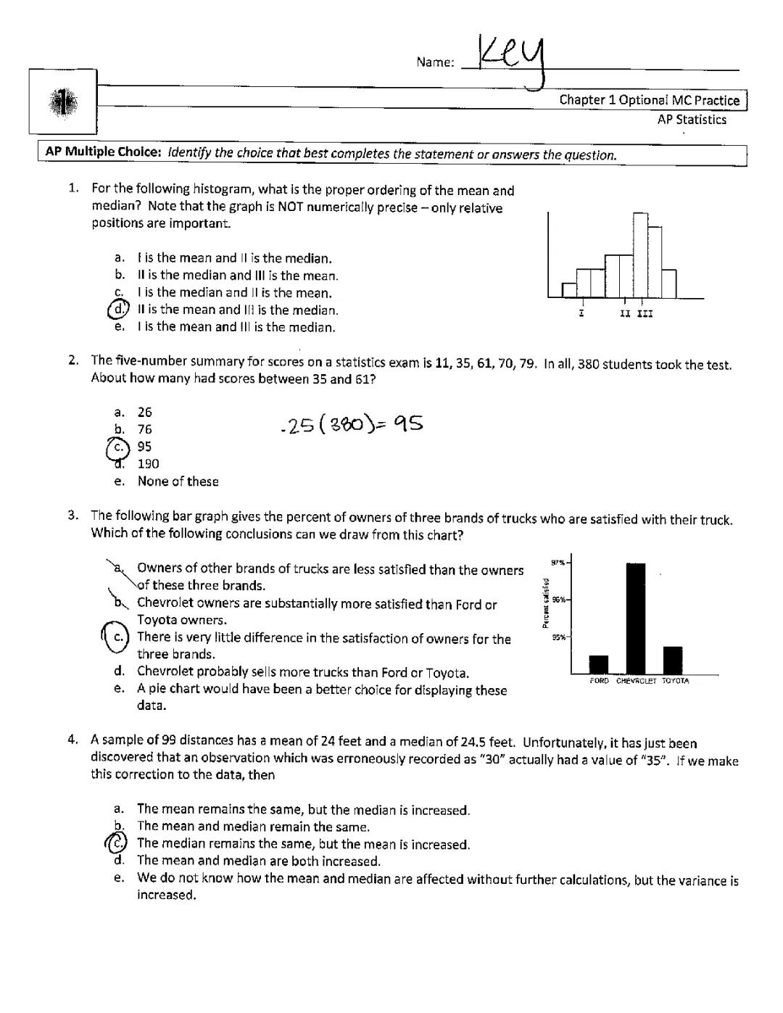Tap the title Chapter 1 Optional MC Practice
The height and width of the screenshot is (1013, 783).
click(x=649, y=100)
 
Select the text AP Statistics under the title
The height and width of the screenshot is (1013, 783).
click(x=691, y=120)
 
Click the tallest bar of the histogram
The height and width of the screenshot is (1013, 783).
click(x=640, y=255)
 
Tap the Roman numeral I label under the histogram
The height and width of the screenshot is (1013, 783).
click(x=581, y=314)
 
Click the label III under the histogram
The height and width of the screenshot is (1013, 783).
click(x=645, y=315)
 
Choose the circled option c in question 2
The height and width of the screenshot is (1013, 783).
click(x=118, y=447)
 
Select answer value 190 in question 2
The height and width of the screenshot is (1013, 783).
click(x=148, y=464)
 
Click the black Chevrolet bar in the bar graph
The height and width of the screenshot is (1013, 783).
click(x=635, y=618)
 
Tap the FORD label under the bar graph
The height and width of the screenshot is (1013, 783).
click(x=600, y=682)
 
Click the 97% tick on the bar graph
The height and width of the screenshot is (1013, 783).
click(x=560, y=563)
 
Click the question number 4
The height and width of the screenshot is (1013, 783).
click(x=72, y=740)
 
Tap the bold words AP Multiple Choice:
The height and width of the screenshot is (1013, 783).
click(x=102, y=152)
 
